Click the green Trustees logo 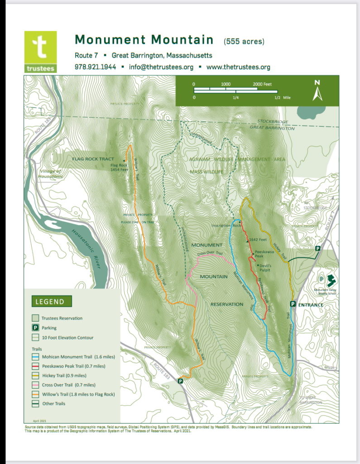tap(40, 52)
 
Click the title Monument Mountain tap(144, 40)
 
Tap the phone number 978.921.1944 tap(95, 67)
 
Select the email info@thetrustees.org tap(161, 67)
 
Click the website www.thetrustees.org tap(238, 67)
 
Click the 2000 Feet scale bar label tap(263, 84)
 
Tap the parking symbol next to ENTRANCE tap(293, 304)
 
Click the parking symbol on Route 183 tap(180, 381)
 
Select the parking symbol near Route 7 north tap(318, 249)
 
